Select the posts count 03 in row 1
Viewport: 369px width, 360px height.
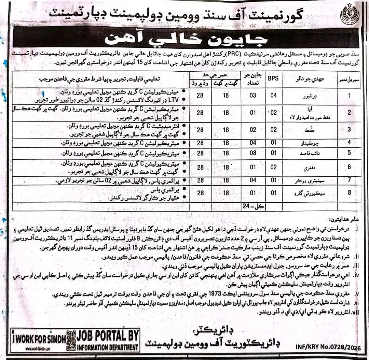click(253, 96)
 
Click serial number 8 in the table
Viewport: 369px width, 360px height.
click(349, 193)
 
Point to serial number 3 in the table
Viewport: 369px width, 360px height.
click(349, 130)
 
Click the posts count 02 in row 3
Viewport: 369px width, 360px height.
click(253, 130)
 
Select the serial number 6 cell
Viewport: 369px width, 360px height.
click(349, 167)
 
